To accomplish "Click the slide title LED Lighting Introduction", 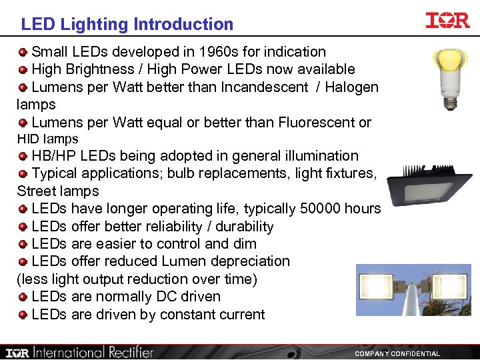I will tap(127, 25).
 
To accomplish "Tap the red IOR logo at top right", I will tap(447, 21).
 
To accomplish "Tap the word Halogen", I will tap(352, 87).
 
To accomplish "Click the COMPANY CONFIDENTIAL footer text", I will tap(397, 354).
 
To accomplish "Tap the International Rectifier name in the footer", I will tap(94, 352).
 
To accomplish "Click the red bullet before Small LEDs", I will tap(23, 52).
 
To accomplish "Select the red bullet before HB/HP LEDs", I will tap(23, 157).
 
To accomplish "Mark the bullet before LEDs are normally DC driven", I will tap(23, 297).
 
